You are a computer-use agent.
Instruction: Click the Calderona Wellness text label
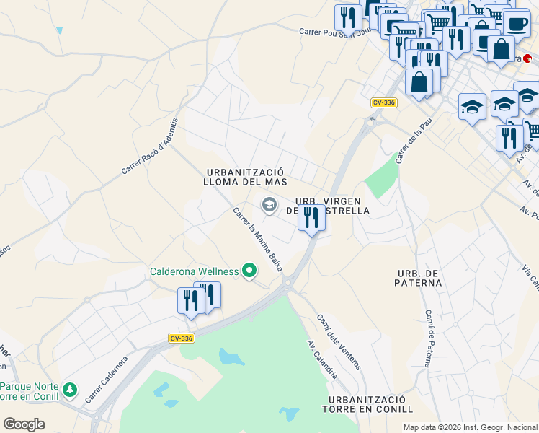(194, 271)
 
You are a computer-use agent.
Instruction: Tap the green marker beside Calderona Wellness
(250, 271)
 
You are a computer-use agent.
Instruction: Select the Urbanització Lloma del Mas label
(246, 177)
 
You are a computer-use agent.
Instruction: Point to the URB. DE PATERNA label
(419, 278)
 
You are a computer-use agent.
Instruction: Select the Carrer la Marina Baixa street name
(257, 240)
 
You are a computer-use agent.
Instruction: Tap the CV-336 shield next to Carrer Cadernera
(182, 338)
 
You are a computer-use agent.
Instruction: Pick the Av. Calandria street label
(322, 359)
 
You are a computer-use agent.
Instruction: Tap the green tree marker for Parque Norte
(69, 390)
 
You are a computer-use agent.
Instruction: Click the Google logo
(24, 424)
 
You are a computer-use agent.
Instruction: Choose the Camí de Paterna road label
(428, 338)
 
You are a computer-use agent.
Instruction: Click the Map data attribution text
(469, 427)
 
